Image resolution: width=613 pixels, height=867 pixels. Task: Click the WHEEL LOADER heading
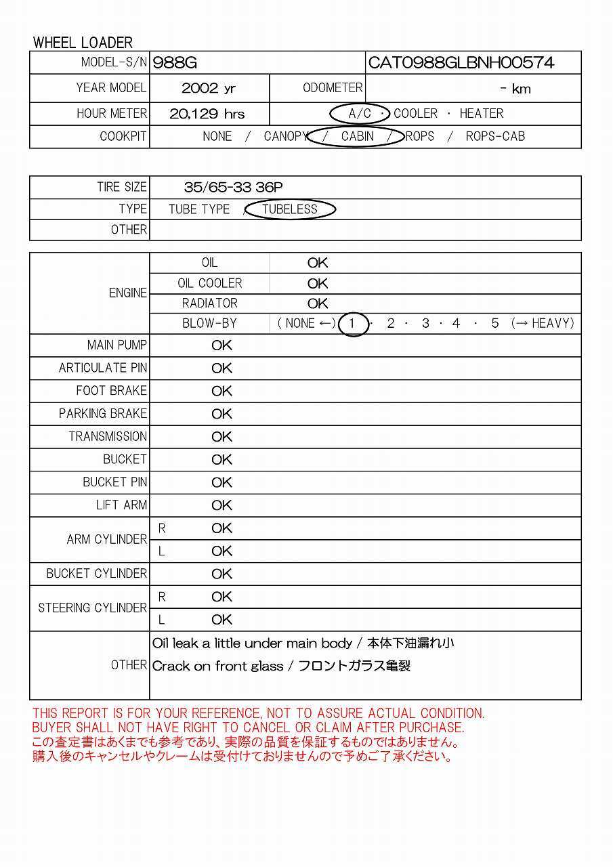coord(83,43)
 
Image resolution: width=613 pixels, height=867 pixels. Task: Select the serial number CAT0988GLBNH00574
coord(461,63)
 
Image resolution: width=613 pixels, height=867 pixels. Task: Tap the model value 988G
coord(175,63)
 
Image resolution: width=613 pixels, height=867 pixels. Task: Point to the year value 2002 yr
coord(209,89)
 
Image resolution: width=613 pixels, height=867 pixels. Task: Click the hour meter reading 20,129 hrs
coord(207,114)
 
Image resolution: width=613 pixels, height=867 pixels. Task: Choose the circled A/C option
coord(359,114)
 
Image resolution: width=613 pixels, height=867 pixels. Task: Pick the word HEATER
coord(481,114)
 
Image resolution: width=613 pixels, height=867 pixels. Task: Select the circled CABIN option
coord(357,137)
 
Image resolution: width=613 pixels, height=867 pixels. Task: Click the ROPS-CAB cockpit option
coord(495,137)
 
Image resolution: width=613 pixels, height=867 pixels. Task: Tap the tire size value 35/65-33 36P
coord(233,188)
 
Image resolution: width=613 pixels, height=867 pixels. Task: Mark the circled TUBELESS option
coord(290,209)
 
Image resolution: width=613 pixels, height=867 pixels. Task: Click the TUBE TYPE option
coord(199,209)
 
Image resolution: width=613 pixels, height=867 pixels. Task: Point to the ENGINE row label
coord(127,293)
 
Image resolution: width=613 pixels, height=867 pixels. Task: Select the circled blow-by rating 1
coord(352,324)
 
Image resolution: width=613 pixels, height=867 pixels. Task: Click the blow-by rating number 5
coord(494,324)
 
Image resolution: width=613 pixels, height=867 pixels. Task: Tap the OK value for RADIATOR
coord(318,303)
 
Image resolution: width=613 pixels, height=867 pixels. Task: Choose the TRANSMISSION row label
coord(108,437)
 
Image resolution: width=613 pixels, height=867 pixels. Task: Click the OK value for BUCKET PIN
coord(221,483)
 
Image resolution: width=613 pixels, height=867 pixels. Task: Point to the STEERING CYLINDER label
coord(93,608)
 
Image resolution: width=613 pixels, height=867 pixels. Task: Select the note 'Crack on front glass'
coord(217,667)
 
